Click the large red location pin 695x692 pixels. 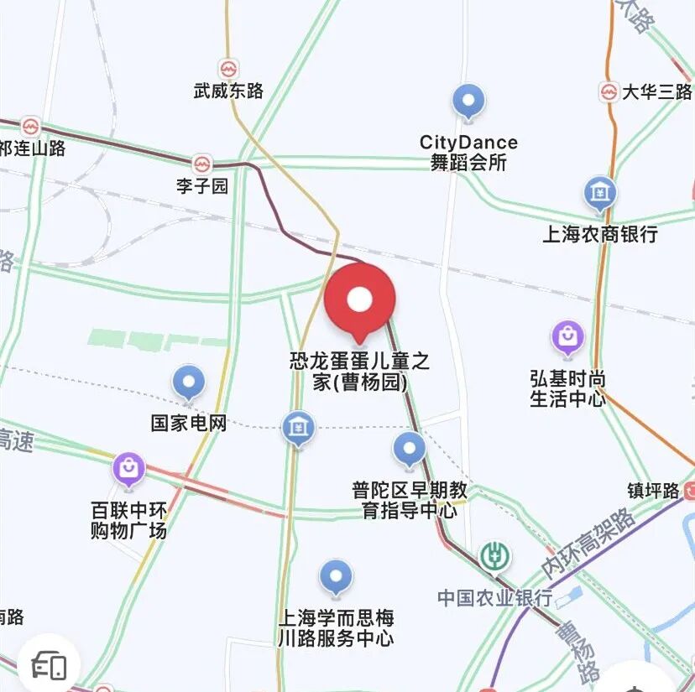(x=360, y=299)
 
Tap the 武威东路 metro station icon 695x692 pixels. (x=227, y=69)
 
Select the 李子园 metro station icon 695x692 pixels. (x=201, y=164)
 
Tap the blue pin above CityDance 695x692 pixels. (x=468, y=102)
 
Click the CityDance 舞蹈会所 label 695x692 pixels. (x=468, y=153)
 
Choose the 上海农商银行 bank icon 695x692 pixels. (x=599, y=195)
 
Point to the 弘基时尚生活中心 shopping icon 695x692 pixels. (x=568, y=337)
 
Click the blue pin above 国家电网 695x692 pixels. (x=189, y=383)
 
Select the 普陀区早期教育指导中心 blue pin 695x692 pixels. (x=410, y=450)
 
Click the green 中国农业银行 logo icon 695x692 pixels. (x=495, y=557)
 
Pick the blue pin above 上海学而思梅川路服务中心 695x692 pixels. (x=337, y=578)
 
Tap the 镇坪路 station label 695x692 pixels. (x=653, y=491)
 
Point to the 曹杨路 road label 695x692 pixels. (x=578, y=651)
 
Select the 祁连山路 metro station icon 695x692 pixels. (x=31, y=127)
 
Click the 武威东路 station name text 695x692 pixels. (x=228, y=91)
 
